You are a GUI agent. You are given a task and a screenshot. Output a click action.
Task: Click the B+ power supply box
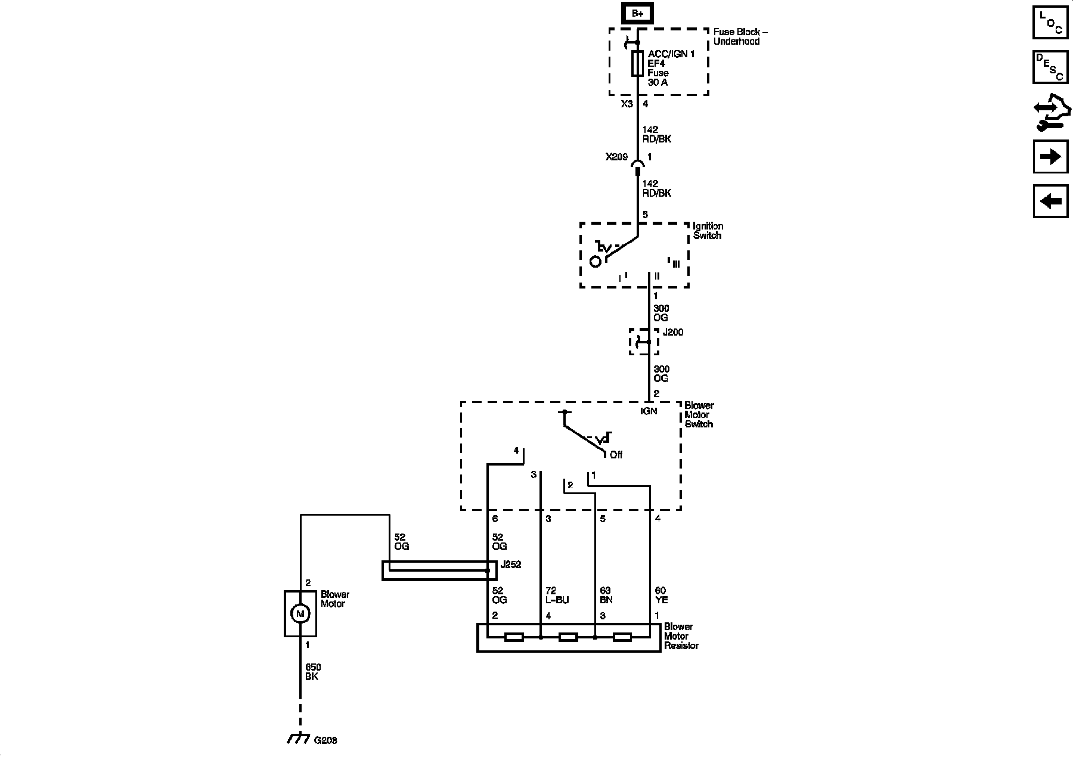(x=637, y=14)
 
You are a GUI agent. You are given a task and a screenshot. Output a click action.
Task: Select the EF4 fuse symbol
(x=637, y=63)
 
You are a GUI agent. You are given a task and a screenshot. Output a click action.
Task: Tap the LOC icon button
(x=1050, y=22)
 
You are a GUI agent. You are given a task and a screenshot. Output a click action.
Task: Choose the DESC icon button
(x=1050, y=66)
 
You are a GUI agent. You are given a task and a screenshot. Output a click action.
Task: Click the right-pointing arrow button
(x=1050, y=157)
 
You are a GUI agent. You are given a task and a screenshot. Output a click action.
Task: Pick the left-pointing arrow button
(x=1050, y=201)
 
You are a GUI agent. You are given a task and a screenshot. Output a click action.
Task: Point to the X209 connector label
(x=616, y=157)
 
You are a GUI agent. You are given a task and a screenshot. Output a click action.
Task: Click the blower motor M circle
(x=300, y=613)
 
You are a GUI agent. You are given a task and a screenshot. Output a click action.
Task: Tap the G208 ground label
(x=325, y=740)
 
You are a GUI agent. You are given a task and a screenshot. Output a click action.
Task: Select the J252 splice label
(x=511, y=565)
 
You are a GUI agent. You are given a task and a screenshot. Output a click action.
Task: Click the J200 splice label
(x=673, y=332)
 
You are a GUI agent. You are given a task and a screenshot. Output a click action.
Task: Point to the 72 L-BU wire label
(x=557, y=595)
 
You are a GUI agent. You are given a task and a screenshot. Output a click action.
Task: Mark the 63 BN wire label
(x=606, y=595)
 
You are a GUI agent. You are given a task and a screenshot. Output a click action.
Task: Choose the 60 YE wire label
(x=661, y=595)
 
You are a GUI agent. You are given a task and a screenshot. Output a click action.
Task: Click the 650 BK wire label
(x=312, y=672)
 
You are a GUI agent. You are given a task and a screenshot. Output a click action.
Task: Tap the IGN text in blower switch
(x=649, y=411)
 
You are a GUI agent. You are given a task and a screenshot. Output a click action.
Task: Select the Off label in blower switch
(x=616, y=455)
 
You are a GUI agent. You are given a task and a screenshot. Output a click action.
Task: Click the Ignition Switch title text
(x=708, y=231)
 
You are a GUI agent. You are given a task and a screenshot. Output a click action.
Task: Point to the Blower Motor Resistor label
(x=681, y=636)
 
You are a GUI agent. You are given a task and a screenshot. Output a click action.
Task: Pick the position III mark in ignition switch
(x=675, y=264)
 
